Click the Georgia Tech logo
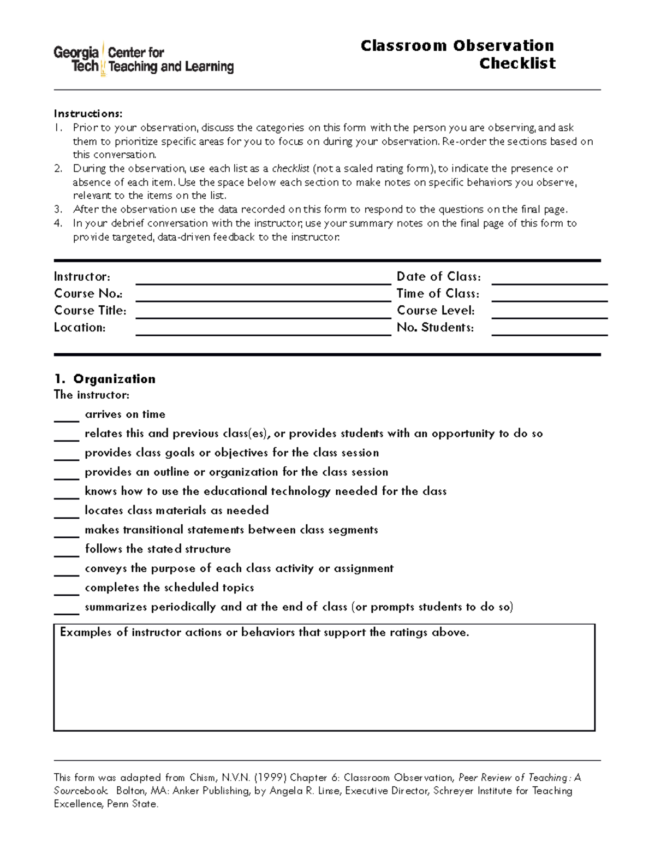click(x=143, y=60)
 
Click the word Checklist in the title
click(x=517, y=63)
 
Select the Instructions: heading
click(x=88, y=114)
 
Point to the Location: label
click(x=80, y=328)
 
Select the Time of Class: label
click(x=438, y=294)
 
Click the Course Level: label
click(x=436, y=311)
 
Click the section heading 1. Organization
click(x=105, y=379)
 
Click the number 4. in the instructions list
click(x=58, y=223)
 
